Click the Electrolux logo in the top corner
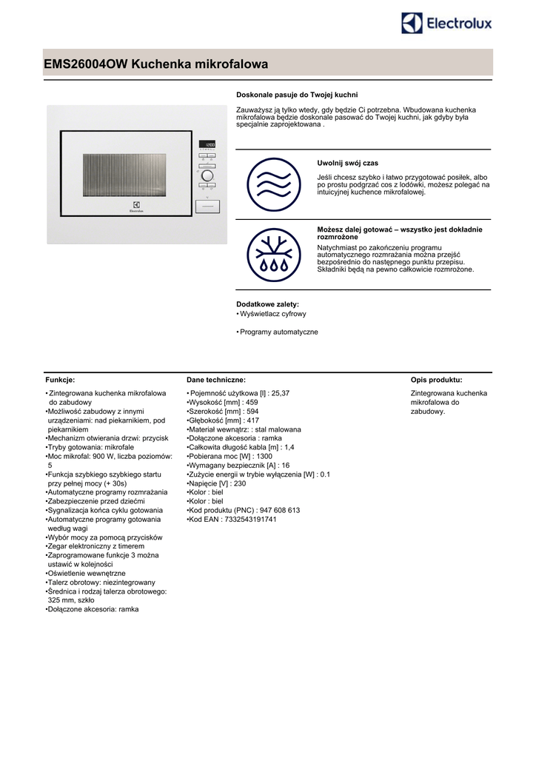446,24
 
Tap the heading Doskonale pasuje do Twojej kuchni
297,95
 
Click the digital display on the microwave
207,144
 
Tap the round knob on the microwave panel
207,177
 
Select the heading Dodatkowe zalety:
267,304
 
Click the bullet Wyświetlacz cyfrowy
272,314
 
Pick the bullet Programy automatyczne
278,332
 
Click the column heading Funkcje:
60,379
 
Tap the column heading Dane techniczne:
216,379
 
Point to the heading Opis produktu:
437,379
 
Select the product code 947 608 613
279,510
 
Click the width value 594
252,411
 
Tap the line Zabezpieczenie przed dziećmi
96,501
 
